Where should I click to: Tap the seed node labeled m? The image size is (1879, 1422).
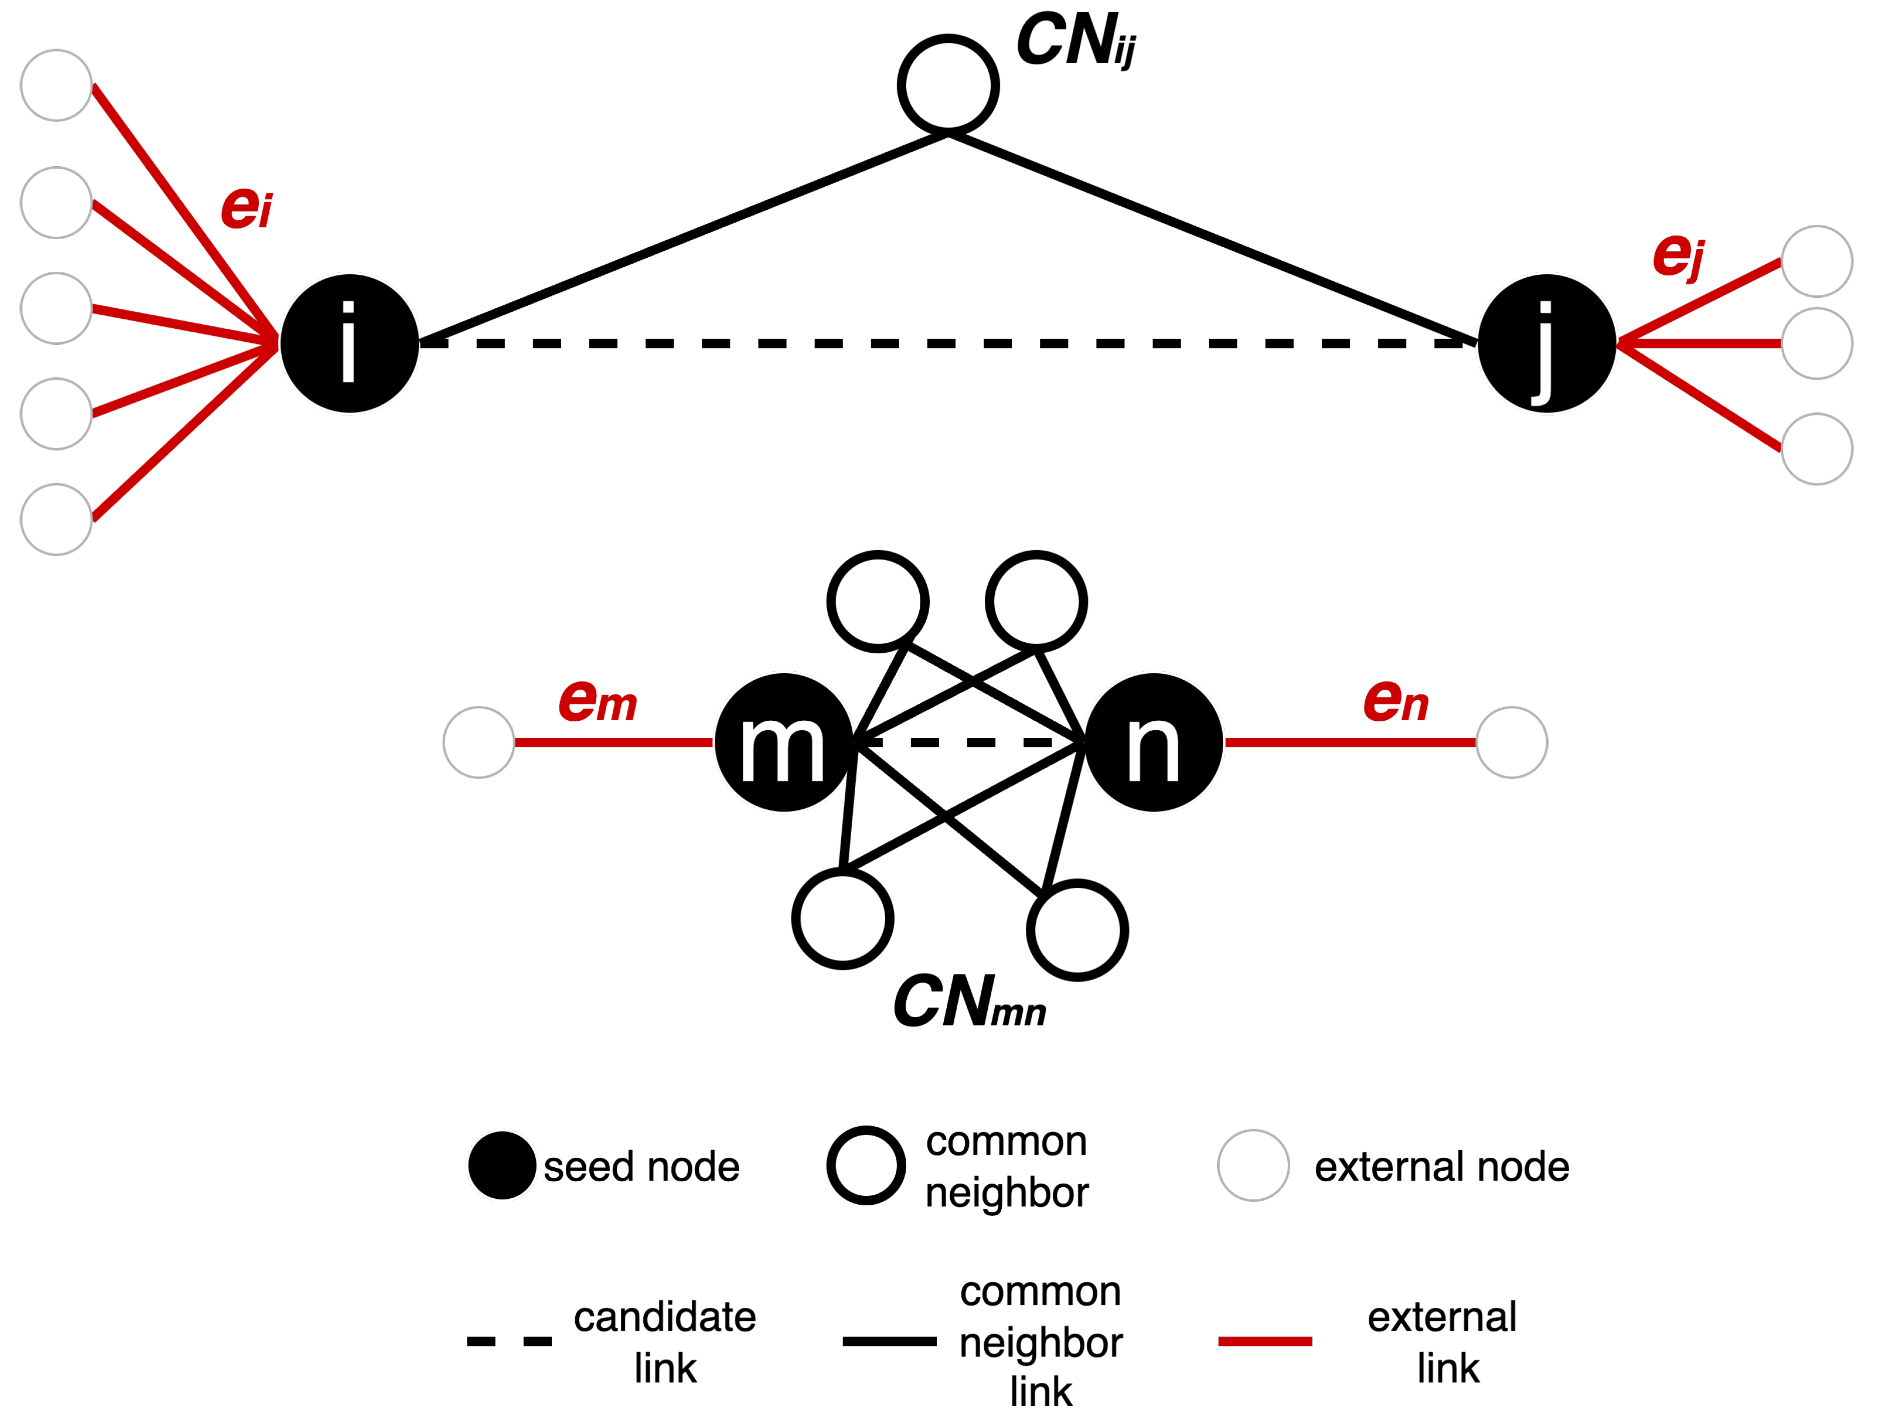(x=783, y=742)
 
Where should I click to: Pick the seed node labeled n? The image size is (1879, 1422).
(x=1154, y=742)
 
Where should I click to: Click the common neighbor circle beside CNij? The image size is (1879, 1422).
(x=948, y=85)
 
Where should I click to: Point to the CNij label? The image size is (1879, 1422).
(x=1075, y=40)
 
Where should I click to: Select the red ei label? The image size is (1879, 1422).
(x=246, y=206)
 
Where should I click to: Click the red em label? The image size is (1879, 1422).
(x=597, y=702)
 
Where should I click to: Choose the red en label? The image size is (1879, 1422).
(x=1396, y=702)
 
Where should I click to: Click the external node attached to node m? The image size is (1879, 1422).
(x=479, y=742)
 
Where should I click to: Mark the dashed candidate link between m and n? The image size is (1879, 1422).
(x=968, y=742)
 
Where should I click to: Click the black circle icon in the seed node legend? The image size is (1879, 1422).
(x=502, y=1165)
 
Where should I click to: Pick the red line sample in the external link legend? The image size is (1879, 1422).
(x=1265, y=1341)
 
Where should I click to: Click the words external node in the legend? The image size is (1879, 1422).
(x=1441, y=1166)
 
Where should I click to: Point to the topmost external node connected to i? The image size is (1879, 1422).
(x=56, y=85)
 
